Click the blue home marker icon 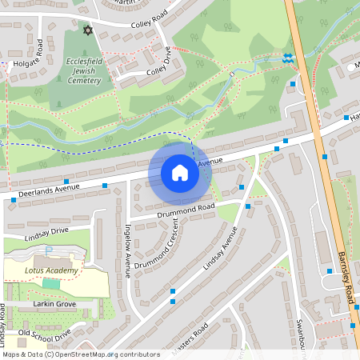coord(180,173)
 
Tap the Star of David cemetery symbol coord(88,30)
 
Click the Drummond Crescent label coord(156,244)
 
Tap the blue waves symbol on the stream coord(287,58)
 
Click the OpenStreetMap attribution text coord(81,354)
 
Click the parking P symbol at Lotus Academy coord(48,250)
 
